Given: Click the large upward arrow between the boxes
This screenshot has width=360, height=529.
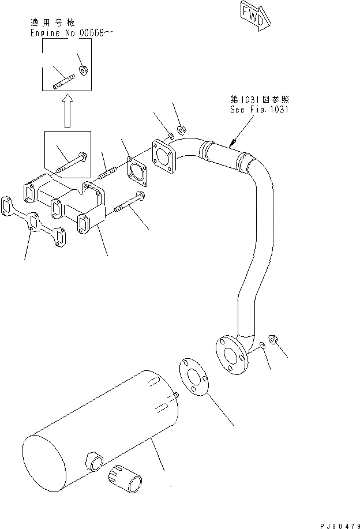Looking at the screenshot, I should (x=67, y=111).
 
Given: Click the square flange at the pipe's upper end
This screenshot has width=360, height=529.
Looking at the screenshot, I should (x=163, y=158).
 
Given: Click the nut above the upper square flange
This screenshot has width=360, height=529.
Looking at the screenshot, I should (x=181, y=129).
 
